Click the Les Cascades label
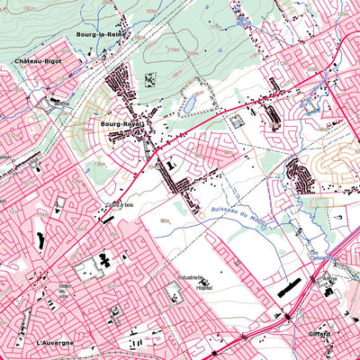(320, 257)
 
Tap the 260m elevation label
(31, 7)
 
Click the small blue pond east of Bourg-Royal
(191, 104)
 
